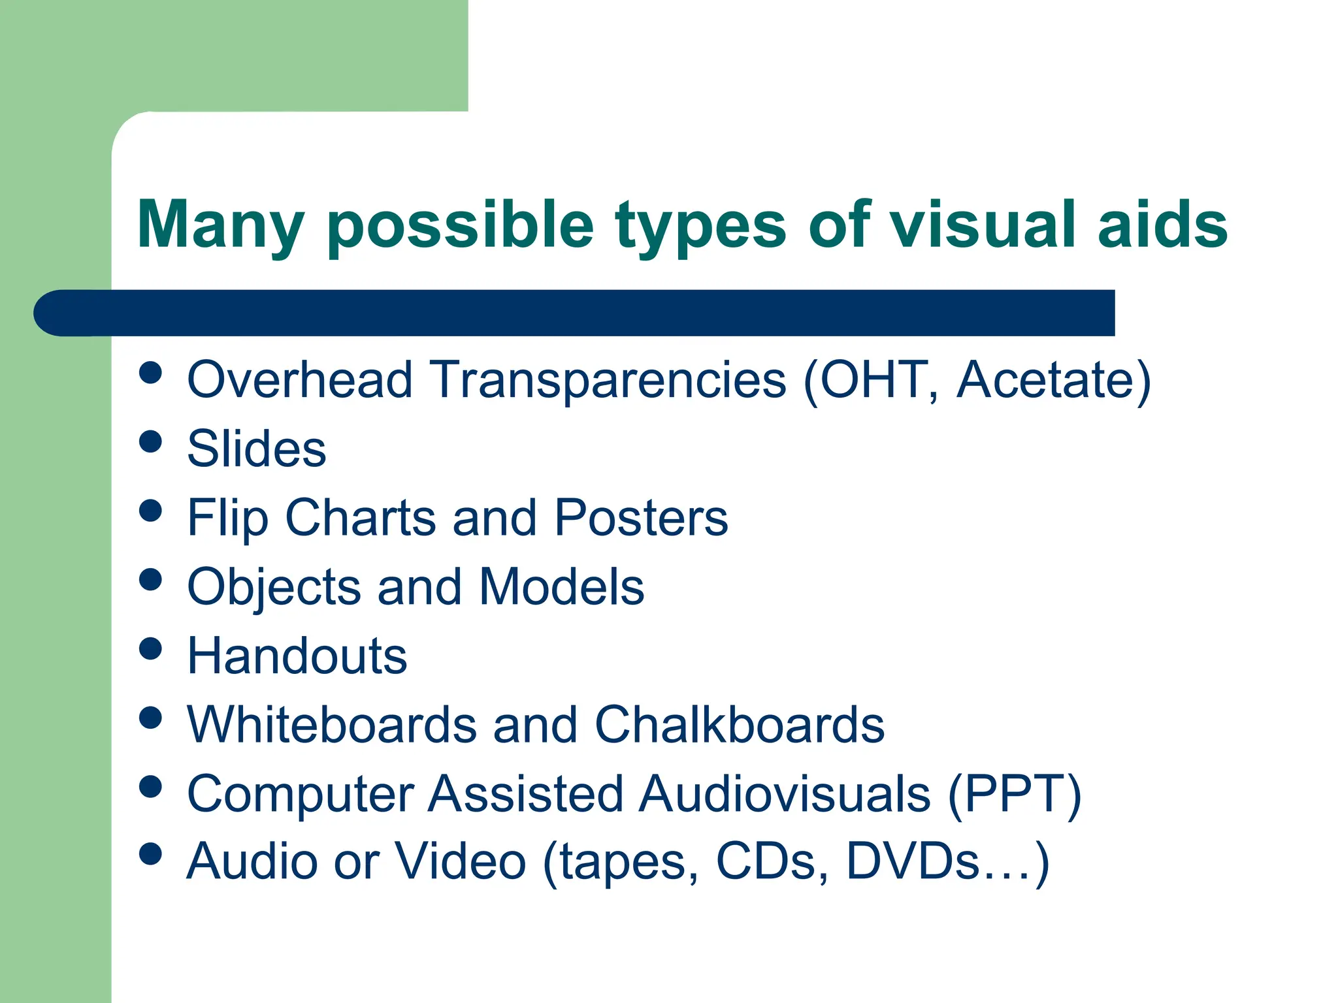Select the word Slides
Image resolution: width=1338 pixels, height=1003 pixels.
[x=257, y=449]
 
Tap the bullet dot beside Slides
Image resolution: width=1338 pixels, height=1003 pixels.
[x=151, y=441]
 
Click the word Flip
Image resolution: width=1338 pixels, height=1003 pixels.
[x=227, y=518]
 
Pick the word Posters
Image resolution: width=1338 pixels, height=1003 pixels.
[x=641, y=518]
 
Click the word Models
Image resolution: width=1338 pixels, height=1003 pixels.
[x=562, y=587]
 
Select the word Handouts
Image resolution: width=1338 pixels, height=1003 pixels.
[x=297, y=656]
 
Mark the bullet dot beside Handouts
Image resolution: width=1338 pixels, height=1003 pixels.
[x=151, y=648]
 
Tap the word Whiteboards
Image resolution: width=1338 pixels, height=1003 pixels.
[x=332, y=725]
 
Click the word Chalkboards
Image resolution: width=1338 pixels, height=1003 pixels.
[x=740, y=725]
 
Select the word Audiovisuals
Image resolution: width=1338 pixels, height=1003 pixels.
[x=785, y=794]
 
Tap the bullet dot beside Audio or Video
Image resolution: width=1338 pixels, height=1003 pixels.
[x=151, y=853]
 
